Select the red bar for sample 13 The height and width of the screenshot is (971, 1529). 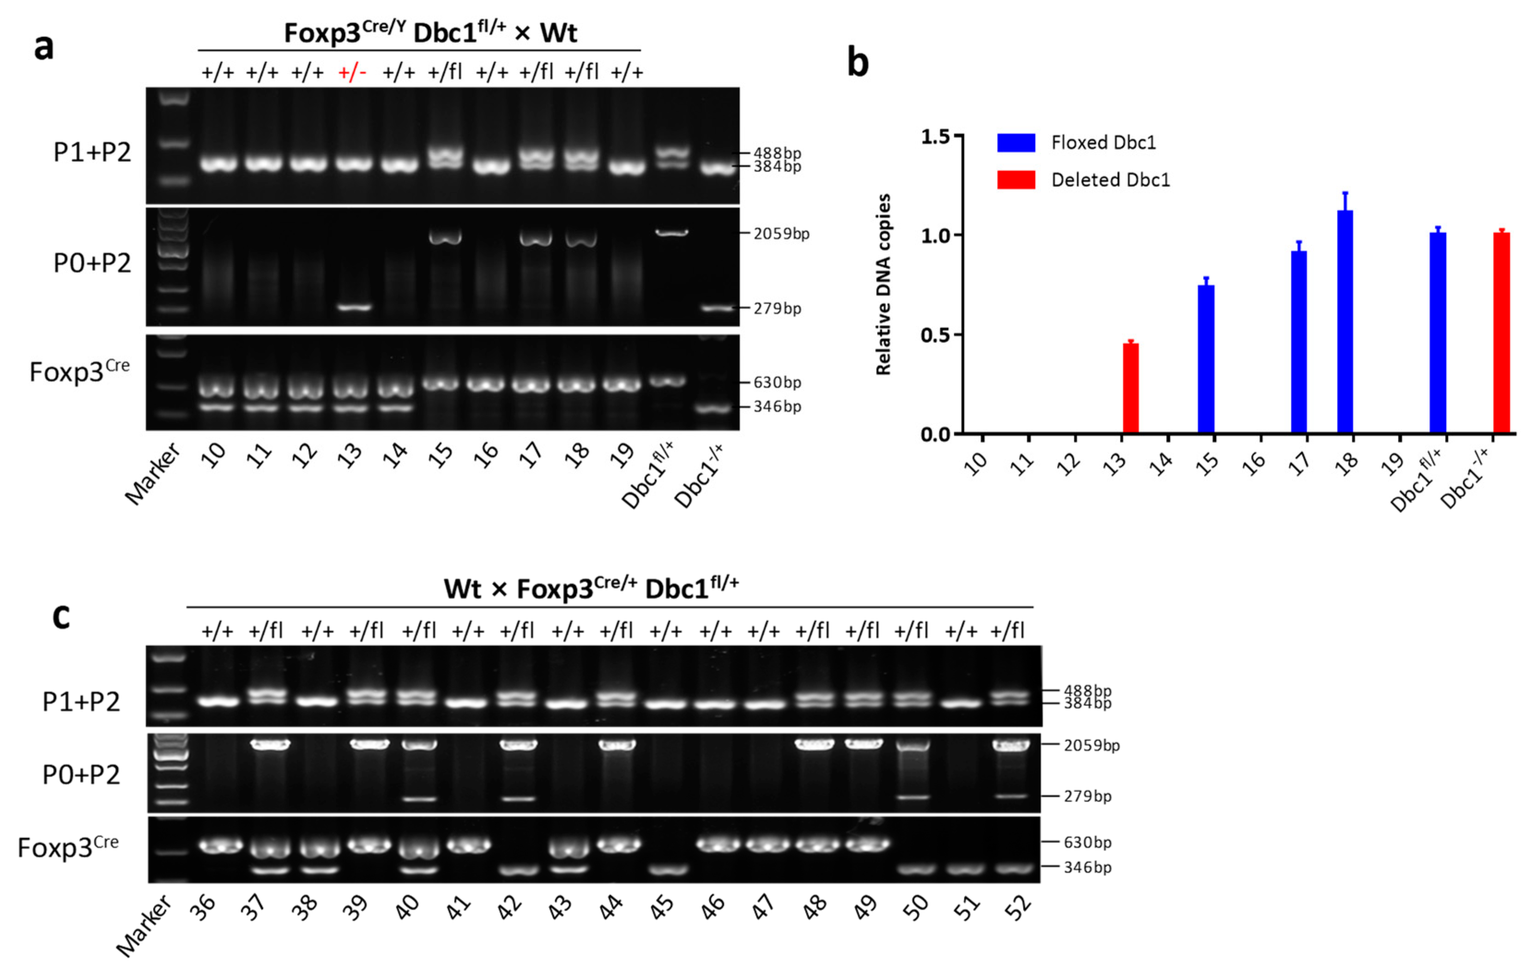[1131, 388]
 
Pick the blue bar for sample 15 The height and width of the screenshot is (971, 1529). [1206, 359]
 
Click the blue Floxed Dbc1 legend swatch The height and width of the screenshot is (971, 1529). [1016, 142]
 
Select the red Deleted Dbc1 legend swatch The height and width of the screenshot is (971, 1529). [1016, 180]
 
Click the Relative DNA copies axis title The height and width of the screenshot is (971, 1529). [883, 284]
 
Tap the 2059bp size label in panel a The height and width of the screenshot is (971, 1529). [781, 234]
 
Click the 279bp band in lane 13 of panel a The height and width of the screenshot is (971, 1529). [354, 308]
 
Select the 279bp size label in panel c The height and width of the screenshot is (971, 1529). [1087, 796]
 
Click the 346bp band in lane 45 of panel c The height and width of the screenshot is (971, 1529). [666, 869]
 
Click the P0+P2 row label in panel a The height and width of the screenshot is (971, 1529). [92, 262]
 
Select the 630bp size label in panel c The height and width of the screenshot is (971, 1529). [1087, 843]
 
